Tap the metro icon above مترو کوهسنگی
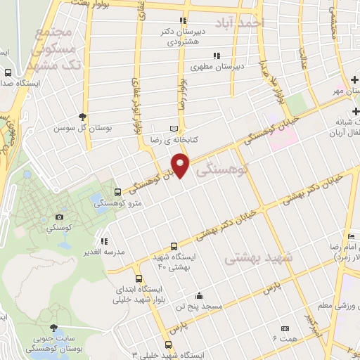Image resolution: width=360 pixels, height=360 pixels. (x=117, y=191)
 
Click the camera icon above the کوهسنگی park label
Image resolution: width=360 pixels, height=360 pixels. (x=60, y=217)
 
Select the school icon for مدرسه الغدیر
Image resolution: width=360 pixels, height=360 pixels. (x=104, y=240)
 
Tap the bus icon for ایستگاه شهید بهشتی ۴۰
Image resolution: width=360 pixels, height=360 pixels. (x=174, y=247)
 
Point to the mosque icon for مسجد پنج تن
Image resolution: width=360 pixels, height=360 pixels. (x=200, y=295)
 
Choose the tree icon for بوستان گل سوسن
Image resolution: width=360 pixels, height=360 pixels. (x=83, y=116)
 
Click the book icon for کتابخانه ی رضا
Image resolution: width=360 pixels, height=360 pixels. (x=175, y=129)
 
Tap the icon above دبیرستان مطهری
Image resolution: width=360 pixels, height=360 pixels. (x=217, y=55)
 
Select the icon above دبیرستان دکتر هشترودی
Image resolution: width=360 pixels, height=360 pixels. (x=183, y=20)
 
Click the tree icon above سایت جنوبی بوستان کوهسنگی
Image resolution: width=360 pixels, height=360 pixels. (x=52, y=328)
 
